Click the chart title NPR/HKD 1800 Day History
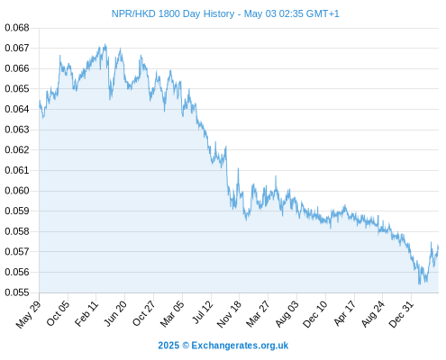coord(173,13)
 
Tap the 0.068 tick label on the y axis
coord(17,28)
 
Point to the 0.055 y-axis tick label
coord(17,292)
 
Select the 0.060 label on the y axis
coord(17,191)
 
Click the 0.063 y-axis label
coord(17,130)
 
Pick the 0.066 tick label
coord(17,68)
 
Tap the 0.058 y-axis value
coord(17,231)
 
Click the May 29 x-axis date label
coord(28,314)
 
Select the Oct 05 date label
coord(58,313)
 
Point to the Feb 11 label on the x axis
coord(86,313)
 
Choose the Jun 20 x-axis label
coord(115,313)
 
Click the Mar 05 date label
coord(172,314)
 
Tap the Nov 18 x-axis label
coord(229,314)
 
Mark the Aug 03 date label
coord(287,314)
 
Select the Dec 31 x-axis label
coord(401,314)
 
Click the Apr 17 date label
coord(344,313)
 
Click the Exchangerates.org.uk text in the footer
coord(240,346)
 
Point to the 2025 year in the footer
coord(168,346)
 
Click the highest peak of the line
coord(105,44)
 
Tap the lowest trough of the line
coord(420,283)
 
